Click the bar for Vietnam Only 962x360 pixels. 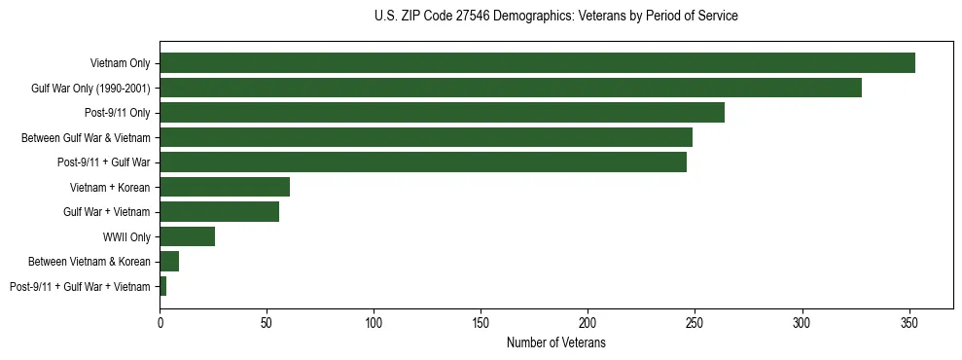pyautogui.click(x=537, y=63)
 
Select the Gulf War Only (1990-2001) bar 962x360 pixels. pyautogui.click(x=511, y=88)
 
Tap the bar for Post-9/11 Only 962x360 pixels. pyautogui.click(x=442, y=113)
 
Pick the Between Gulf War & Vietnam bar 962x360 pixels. pyautogui.click(x=426, y=137)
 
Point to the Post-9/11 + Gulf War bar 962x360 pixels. pyautogui.click(x=423, y=162)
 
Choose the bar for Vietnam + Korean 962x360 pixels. pyautogui.click(x=225, y=187)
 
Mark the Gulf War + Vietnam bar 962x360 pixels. pyautogui.click(x=220, y=212)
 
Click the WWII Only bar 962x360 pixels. pyautogui.click(x=188, y=236)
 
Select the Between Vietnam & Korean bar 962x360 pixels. pyautogui.click(x=169, y=262)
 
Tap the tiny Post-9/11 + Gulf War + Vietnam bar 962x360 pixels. pyautogui.click(x=163, y=286)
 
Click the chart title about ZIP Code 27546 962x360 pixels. pyautogui.click(x=555, y=17)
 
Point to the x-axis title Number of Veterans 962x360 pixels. pyautogui.click(x=555, y=342)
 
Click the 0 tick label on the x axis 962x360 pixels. pyautogui.click(x=160, y=321)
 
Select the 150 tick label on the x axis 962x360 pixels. pyautogui.click(x=481, y=321)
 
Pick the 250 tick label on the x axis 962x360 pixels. pyautogui.click(x=695, y=321)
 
